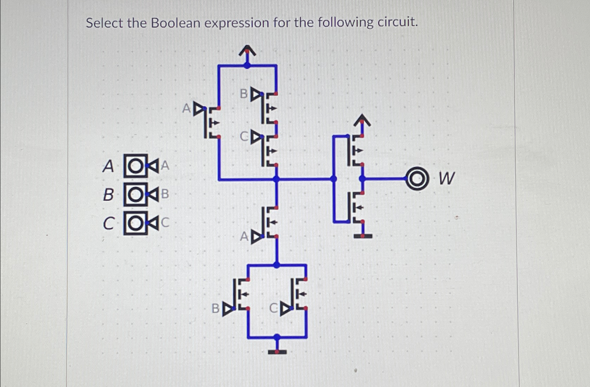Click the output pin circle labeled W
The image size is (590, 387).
click(x=417, y=179)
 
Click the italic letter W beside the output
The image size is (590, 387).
click(x=446, y=178)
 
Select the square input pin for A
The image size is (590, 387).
click(x=135, y=166)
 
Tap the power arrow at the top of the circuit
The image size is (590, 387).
click(x=247, y=51)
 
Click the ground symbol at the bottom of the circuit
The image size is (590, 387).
click(x=277, y=351)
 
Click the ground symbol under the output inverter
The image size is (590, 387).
click(x=363, y=236)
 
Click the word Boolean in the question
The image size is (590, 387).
click(x=176, y=23)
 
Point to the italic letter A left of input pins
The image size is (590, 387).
click(x=108, y=166)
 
